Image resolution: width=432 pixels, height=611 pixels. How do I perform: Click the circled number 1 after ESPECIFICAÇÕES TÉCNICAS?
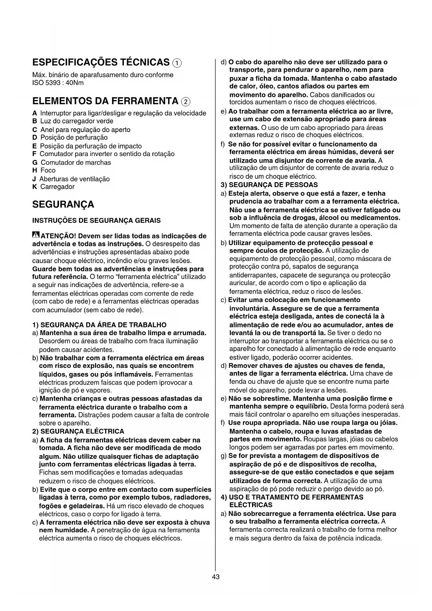coord(177,63)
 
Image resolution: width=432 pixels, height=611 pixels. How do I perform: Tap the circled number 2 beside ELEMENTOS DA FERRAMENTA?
coord(186,102)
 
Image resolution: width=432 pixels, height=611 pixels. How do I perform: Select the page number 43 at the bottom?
coord(216,577)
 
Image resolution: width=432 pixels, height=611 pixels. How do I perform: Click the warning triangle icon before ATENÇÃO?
coord(36,235)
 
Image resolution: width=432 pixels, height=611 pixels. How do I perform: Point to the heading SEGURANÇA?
coord(63,204)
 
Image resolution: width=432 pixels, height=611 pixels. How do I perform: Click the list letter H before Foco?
coord(34,170)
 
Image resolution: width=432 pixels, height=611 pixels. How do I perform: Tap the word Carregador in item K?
coord(57,187)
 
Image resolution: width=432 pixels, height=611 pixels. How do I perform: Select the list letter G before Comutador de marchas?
coord(35,163)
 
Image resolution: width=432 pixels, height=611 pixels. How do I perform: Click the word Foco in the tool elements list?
coord(48,170)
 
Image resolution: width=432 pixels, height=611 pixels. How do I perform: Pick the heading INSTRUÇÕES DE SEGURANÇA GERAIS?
coord(96,221)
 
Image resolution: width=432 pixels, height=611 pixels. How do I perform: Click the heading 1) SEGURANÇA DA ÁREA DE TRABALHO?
coord(99,325)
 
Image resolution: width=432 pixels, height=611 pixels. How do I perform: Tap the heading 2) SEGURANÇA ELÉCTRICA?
coord(78,431)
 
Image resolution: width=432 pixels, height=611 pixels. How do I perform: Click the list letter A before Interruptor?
coord(34,113)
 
